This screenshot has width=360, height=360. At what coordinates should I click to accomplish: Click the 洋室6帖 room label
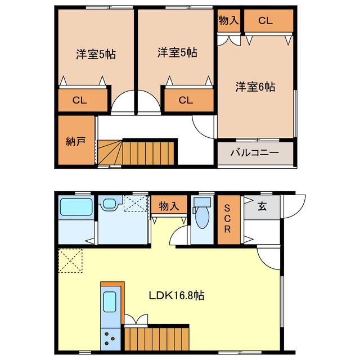(255, 87)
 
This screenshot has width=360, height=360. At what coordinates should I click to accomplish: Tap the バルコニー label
(255, 152)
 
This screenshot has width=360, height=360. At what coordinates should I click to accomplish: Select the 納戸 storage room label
(76, 141)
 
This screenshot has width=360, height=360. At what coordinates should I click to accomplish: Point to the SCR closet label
(228, 218)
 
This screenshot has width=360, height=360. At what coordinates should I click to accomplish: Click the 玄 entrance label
(262, 206)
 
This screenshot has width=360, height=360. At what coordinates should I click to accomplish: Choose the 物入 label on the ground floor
(169, 206)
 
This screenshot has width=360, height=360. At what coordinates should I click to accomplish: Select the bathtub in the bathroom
(76, 208)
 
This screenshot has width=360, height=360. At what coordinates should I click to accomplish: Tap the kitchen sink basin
(111, 304)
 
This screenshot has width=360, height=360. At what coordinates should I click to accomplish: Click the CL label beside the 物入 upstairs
(265, 21)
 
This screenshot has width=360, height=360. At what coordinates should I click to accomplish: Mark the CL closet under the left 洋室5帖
(80, 101)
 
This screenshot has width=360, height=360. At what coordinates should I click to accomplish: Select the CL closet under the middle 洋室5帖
(186, 101)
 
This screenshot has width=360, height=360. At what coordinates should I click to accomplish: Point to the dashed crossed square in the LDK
(71, 260)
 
